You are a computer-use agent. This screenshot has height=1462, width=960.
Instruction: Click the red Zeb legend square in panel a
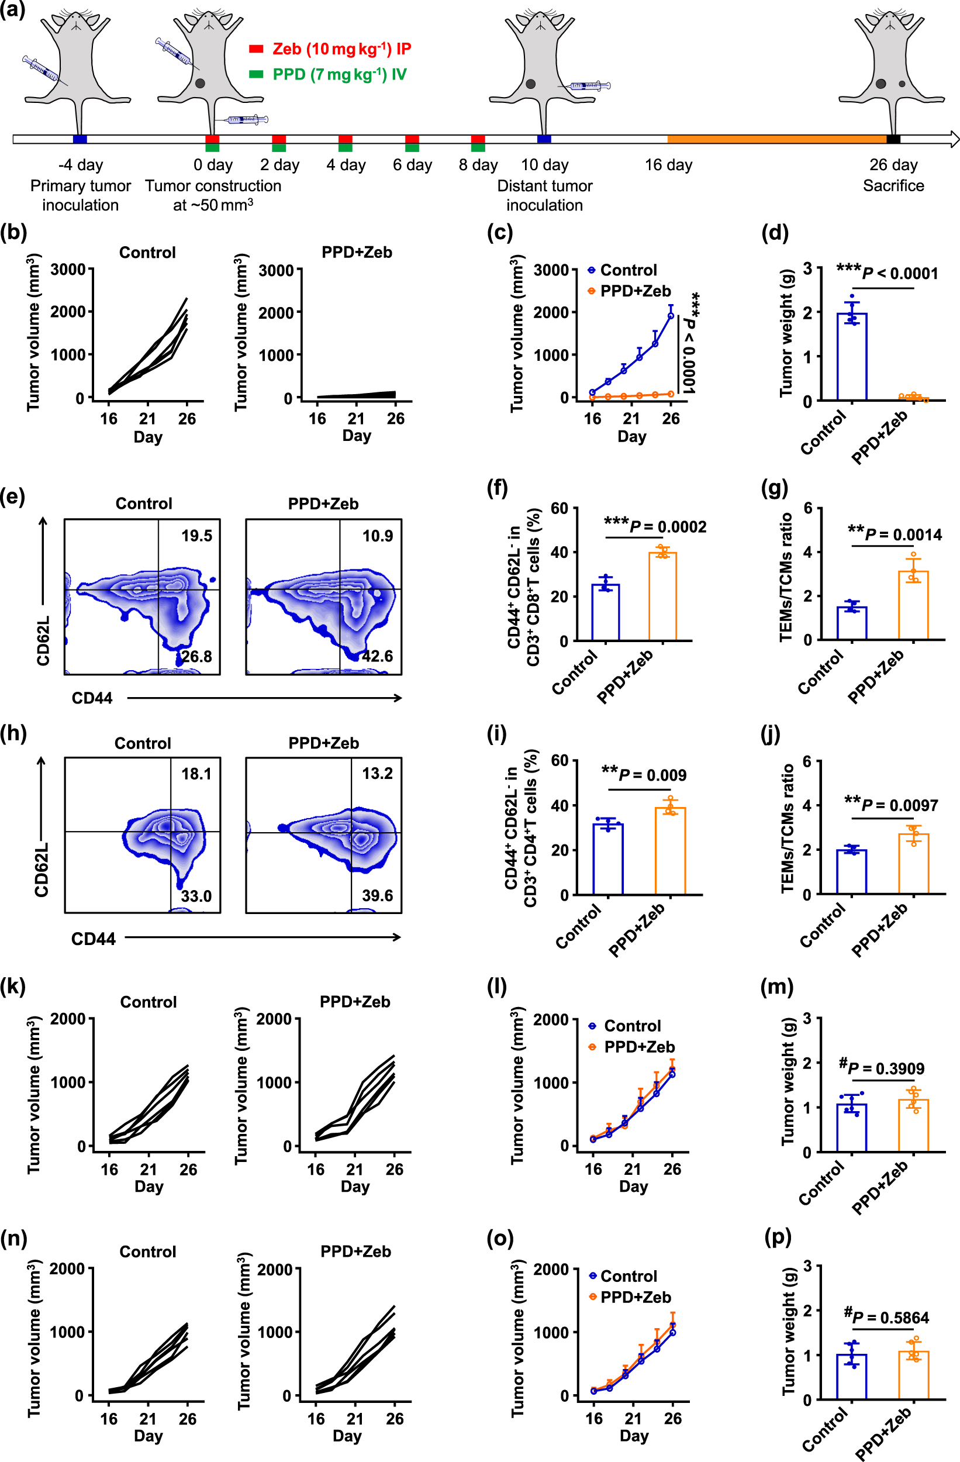coord(255,49)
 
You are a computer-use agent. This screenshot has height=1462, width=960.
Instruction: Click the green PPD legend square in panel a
coord(255,74)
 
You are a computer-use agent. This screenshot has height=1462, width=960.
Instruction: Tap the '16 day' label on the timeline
coord(668,165)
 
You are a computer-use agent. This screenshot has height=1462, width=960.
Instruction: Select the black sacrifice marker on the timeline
coord(893,139)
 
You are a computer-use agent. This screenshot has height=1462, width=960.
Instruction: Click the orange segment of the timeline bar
coord(776,139)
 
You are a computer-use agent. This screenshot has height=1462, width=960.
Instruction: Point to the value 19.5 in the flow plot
coord(196,536)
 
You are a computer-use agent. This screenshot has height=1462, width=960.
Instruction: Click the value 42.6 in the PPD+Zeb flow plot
coord(377,656)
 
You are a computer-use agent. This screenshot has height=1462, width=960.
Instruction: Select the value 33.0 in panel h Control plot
coord(196,896)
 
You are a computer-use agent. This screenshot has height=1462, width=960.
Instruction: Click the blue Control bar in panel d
coord(852,356)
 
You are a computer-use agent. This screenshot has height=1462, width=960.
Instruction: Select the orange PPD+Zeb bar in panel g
coord(913,606)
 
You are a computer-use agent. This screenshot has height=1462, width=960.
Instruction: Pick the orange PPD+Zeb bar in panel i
coord(670,851)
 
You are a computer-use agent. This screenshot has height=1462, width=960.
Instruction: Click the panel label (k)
coord(13,987)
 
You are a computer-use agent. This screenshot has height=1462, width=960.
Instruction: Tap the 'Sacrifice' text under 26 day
coord(893,185)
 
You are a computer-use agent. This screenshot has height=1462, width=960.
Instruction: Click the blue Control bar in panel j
coord(851,872)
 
